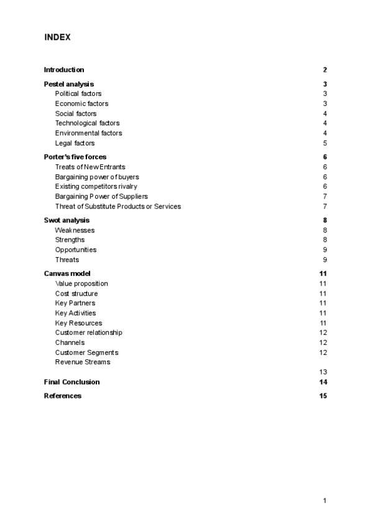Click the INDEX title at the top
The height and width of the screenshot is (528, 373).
[57, 37]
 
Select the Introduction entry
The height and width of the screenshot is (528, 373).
[63, 70]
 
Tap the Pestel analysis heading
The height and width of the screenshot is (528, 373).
[68, 84]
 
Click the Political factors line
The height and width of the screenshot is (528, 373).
[78, 94]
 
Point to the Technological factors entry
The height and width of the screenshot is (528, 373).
[87, 123]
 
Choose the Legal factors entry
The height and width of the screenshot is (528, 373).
[75, 143]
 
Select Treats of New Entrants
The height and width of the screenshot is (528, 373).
[90, 167]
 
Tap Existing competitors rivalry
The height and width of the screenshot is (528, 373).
[96, 186]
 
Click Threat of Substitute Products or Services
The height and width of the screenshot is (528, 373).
[117, 206]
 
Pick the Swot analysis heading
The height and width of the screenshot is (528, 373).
[67, 220]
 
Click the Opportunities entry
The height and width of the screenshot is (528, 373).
[75, 250]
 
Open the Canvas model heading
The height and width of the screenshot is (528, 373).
[67, 273]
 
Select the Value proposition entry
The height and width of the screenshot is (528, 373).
[81, 284]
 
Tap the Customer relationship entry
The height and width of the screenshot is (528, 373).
[88, 332]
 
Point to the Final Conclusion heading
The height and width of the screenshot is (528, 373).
[71, 382]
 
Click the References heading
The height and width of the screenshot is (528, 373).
[62, 396]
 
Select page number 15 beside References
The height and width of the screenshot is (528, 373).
[323, 396]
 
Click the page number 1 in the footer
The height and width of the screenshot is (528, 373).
[325, 500]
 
